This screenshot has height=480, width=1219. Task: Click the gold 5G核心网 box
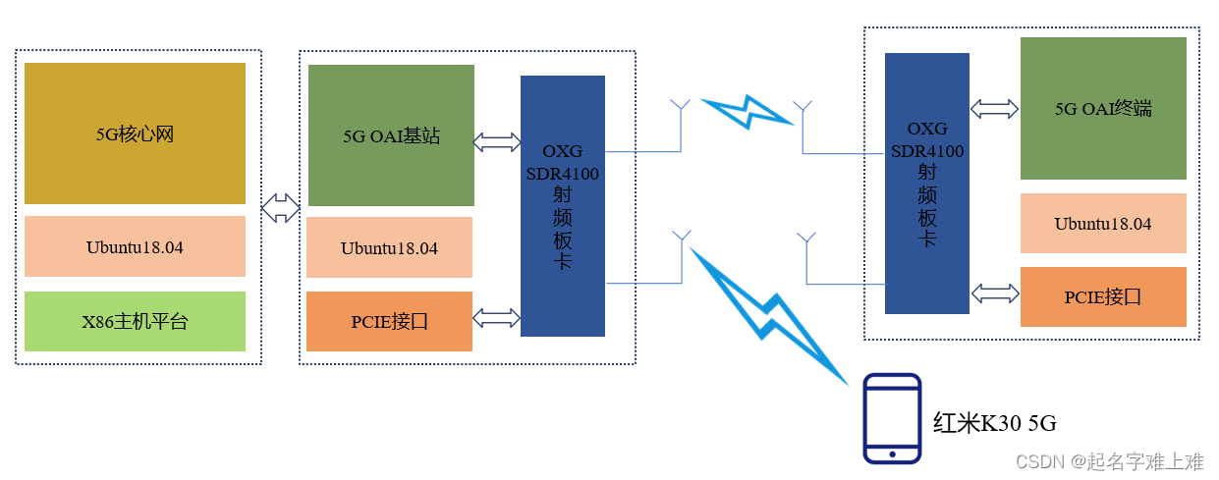(135, 133)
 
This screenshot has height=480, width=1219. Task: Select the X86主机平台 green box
(135, 321)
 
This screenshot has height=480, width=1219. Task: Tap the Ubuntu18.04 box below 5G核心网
(135, 246)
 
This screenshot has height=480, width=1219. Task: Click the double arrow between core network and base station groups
(281, 208)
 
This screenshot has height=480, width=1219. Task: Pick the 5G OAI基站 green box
(391, 135)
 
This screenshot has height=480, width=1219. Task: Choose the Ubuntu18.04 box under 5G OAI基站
(389, 247)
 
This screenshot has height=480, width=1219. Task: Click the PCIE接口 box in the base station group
(389, 321)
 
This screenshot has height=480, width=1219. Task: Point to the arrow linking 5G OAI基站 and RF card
(497, 142)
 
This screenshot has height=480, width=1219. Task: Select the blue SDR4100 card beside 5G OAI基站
(562, 205)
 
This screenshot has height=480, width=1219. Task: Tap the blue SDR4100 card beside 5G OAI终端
(926, 183)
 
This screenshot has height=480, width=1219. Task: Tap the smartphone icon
(891, 418)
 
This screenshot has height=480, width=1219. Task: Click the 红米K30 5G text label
(994, 423)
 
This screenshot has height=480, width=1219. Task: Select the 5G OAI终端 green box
(1102, 109)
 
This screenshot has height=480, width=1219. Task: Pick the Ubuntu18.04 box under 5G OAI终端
(1102, 224)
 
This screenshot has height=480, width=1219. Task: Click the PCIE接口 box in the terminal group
(1102, 296)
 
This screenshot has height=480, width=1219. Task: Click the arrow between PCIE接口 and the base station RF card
(497, 317)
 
